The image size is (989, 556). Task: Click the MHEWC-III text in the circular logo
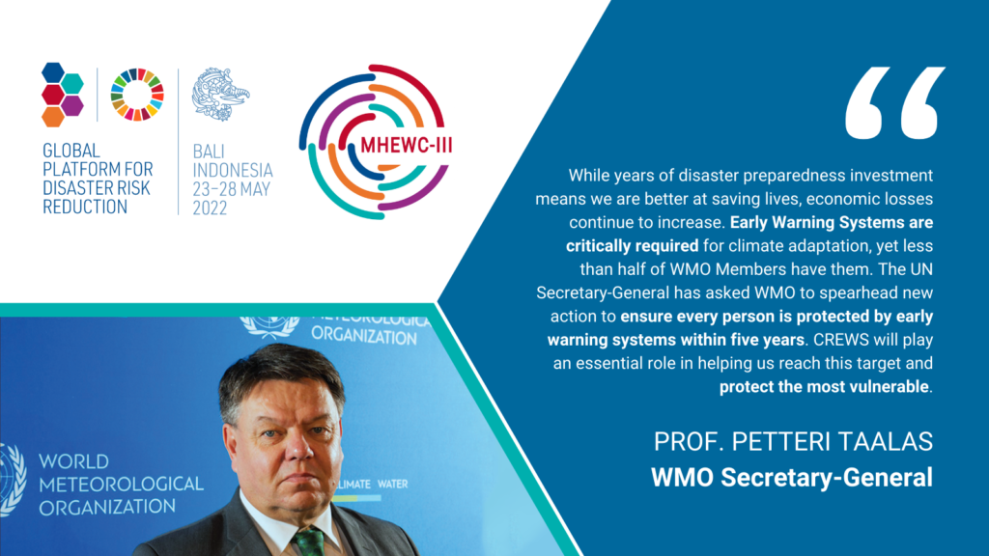[407, 146]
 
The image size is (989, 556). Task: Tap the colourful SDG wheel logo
[137, 95]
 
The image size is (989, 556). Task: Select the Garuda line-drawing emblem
[221, 94]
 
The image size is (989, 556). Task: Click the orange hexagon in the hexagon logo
[53, 116]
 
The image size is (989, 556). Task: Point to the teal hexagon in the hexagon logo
[72, 83]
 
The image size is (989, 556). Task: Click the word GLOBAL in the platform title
[71, 151]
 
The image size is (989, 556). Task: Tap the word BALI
[209, 152]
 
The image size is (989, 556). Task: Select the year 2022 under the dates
[210, 208]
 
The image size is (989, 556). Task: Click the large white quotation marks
[895, 102]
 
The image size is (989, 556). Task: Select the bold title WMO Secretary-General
[792, 477]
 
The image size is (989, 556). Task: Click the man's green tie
[310, 542]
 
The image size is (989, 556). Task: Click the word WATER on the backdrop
[392, 485]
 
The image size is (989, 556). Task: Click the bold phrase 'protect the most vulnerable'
[824, 386]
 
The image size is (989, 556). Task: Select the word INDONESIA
[233, 171]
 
